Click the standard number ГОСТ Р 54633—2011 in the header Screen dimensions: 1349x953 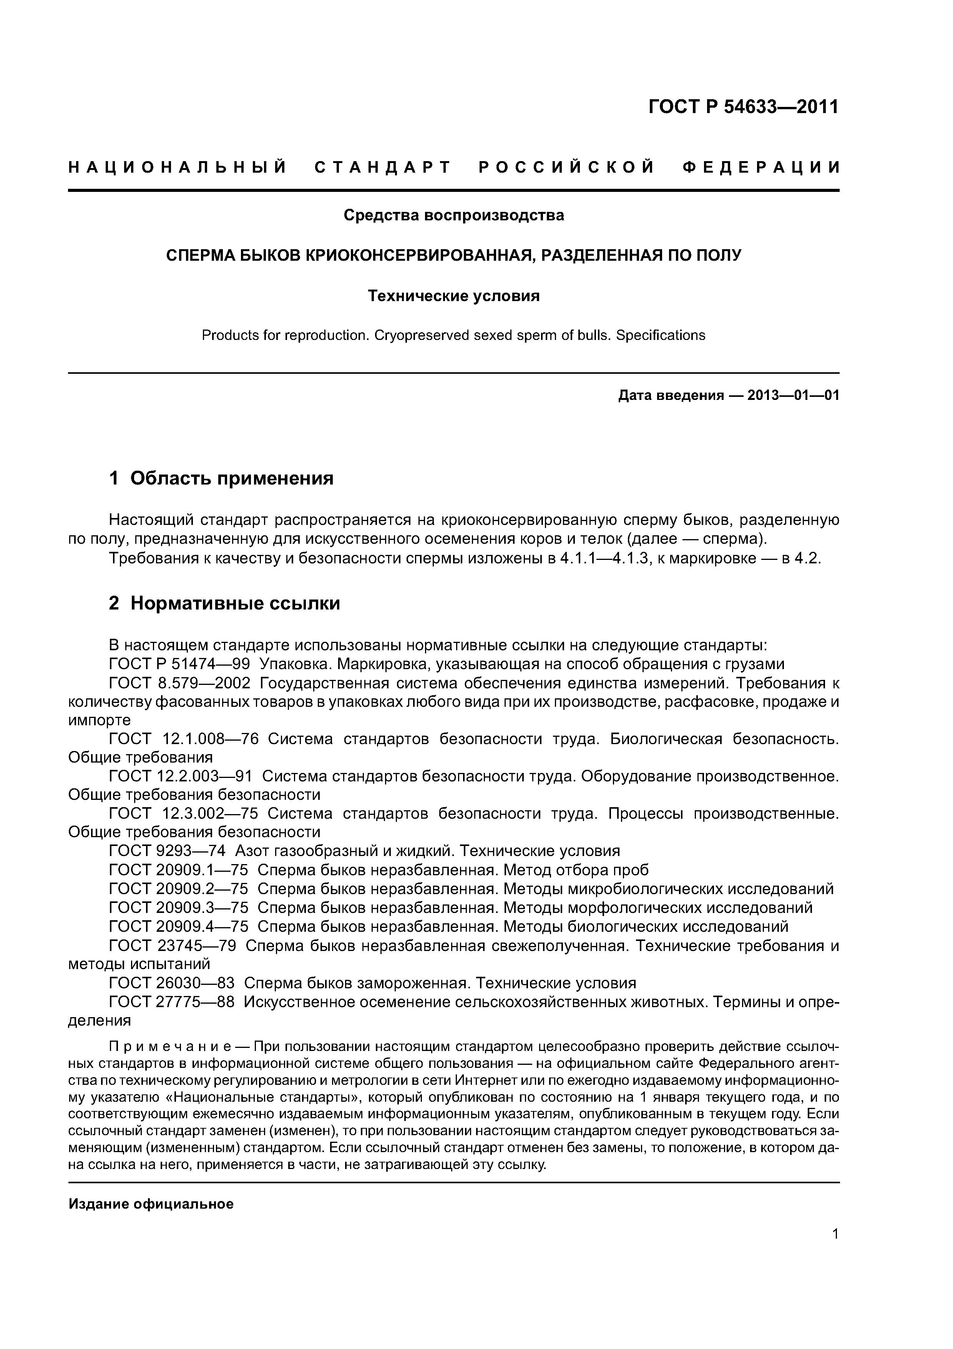(x=743, y=107)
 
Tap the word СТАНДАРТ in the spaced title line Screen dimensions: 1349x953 (x=383, y=167)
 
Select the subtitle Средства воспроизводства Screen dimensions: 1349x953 (x=453, y=215)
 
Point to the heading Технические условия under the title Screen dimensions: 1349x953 (x=453, y=296)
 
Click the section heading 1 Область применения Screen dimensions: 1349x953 (x=221, y=478)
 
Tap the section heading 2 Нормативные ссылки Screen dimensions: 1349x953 (x=224, y=603)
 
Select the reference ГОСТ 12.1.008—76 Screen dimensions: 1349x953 (x=183, y=739)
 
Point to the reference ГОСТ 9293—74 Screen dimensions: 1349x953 (x=167, y=851)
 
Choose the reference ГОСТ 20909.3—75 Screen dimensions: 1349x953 (x=179, y=907)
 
